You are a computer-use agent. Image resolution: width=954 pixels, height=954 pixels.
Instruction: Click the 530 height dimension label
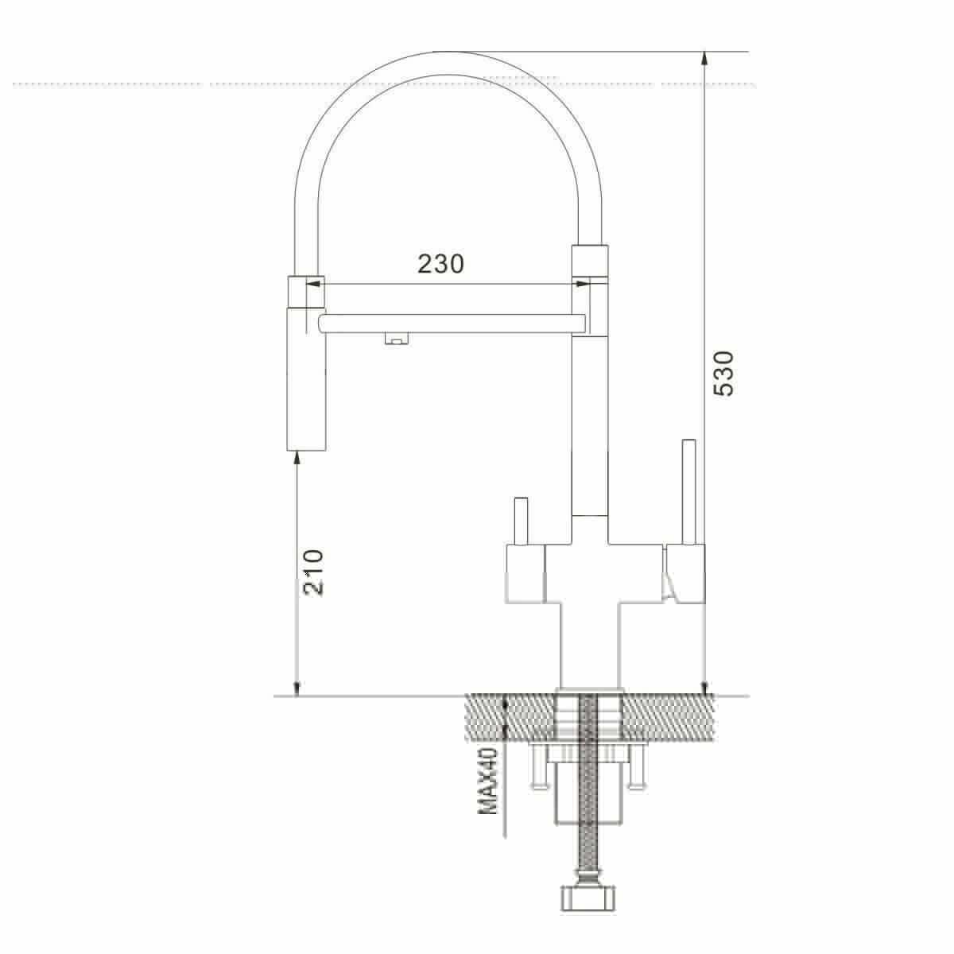[723, 374]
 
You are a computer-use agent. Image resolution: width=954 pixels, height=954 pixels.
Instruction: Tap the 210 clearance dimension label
[313, 572]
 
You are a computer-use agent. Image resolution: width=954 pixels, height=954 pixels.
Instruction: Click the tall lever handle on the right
[688, 491]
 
